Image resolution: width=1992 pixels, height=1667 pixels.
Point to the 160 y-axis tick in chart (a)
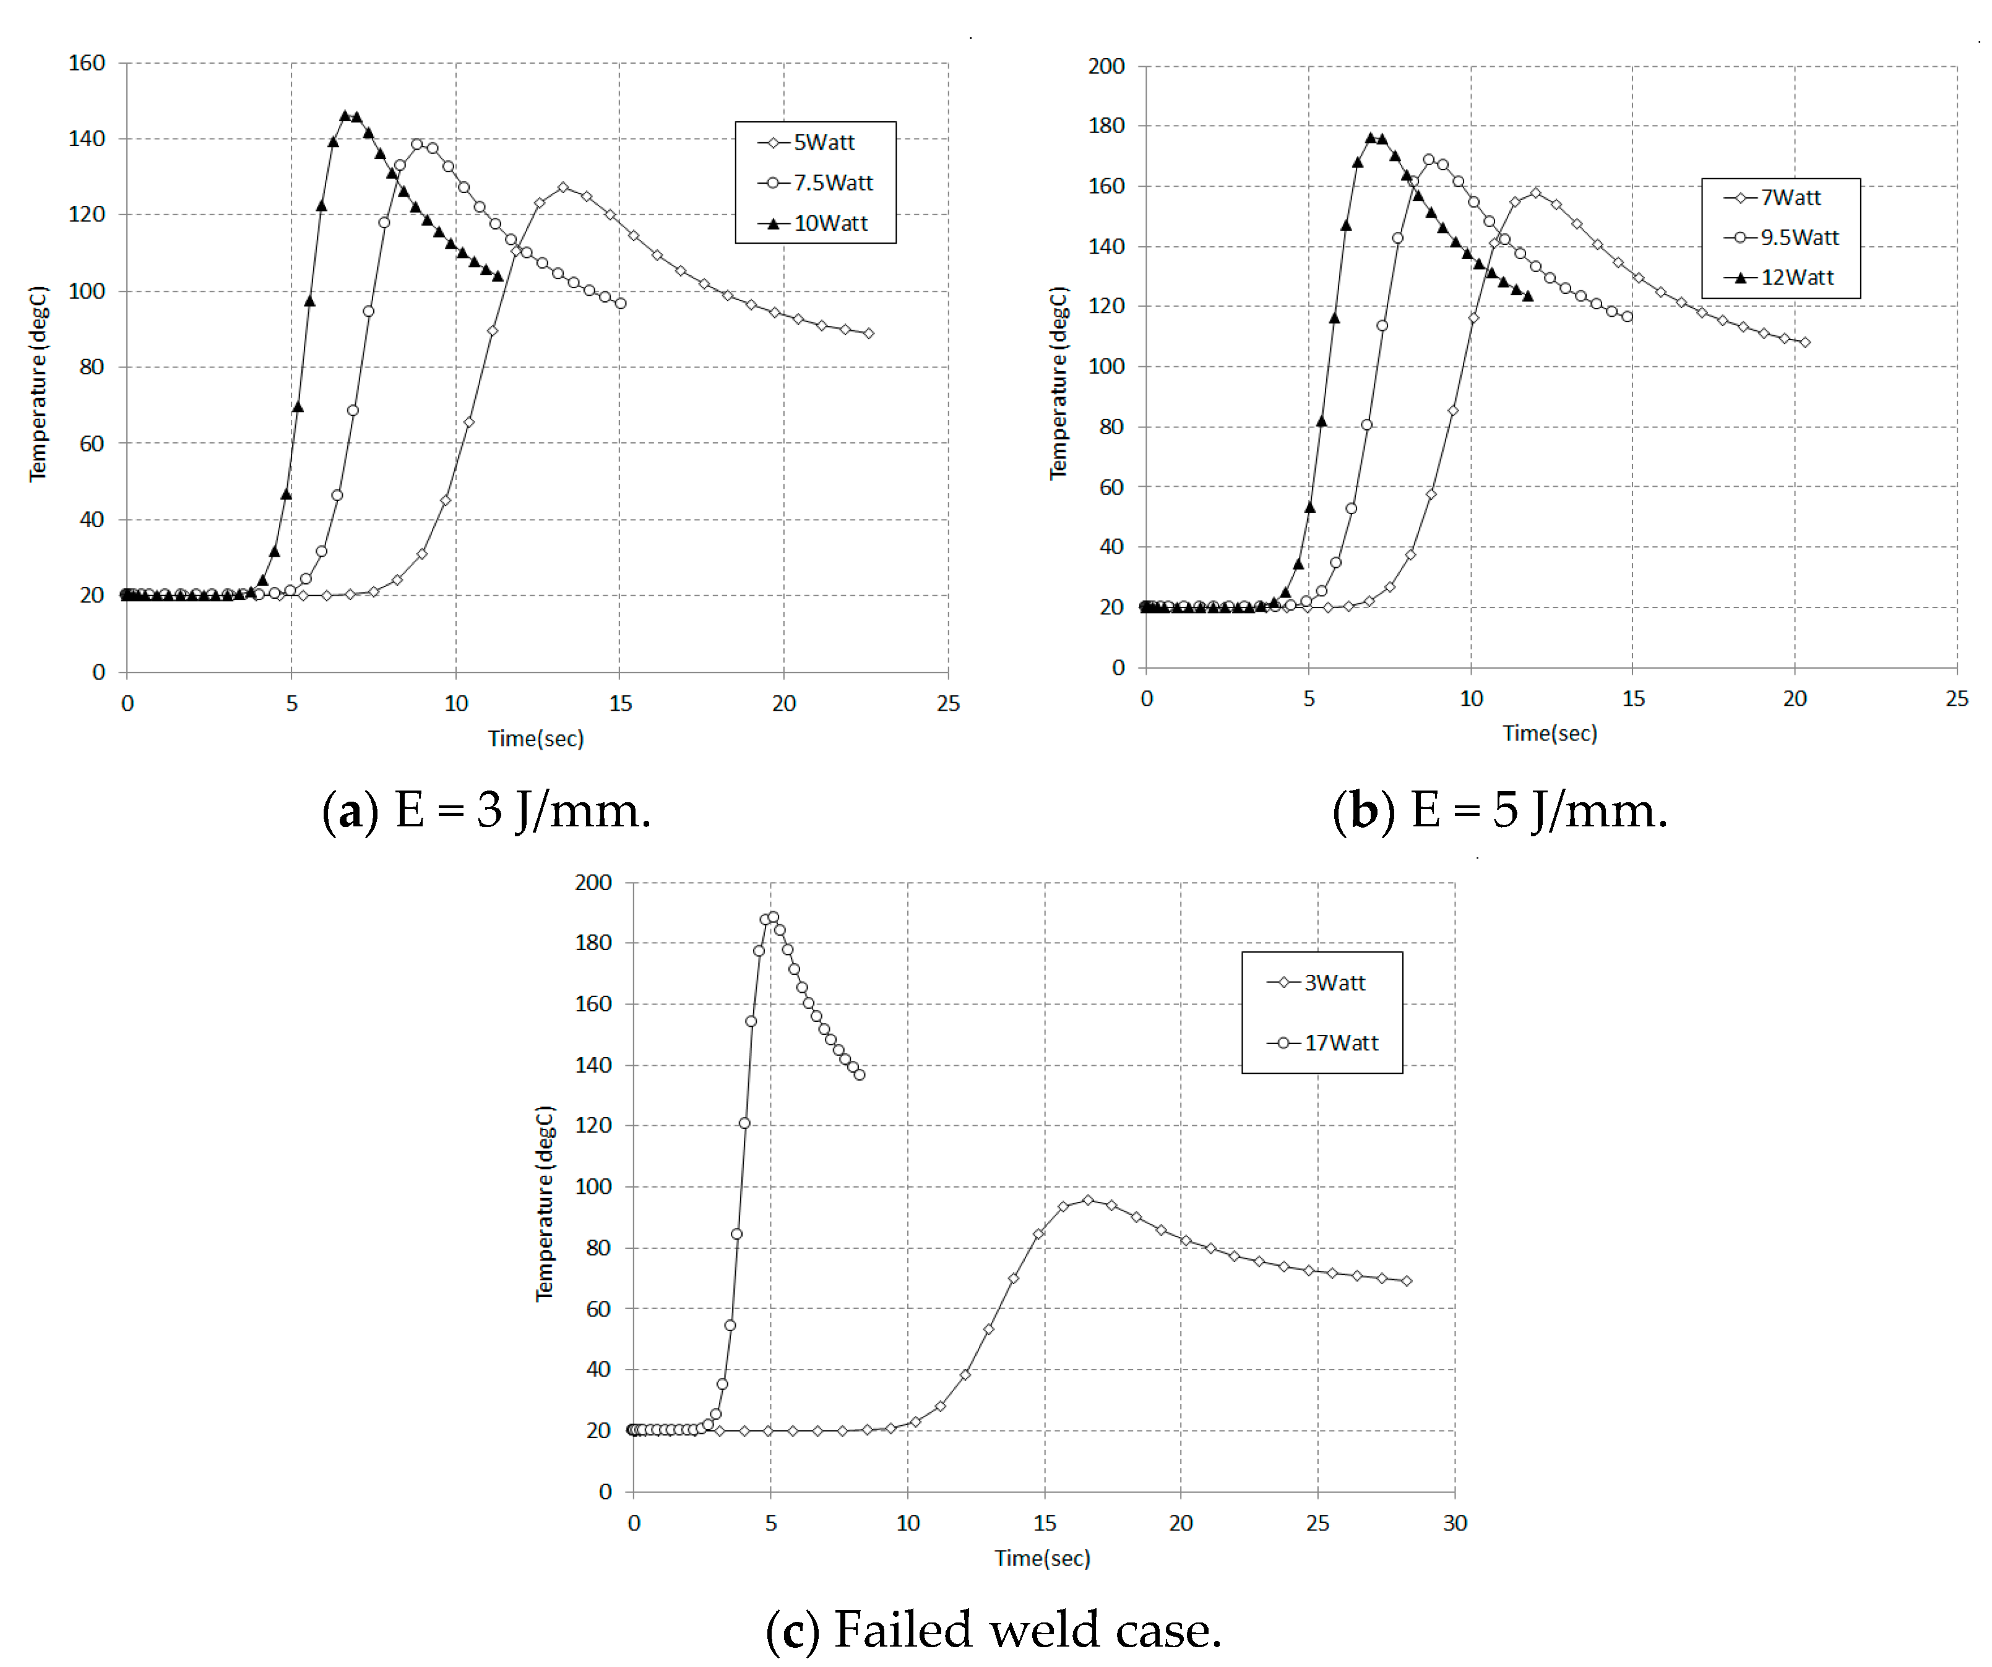pyautogui.click(x=86, y=64)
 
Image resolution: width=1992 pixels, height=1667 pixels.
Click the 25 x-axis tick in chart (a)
pyautogui.click(x=947, y=703)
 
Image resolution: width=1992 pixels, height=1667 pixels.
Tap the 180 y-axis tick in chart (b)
pyautogui.click(x=1106, y=126)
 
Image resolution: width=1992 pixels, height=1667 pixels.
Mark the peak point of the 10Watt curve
pyautogui.click(x=345, y=116)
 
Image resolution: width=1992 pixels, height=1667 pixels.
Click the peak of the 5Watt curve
pyautogui.click(x=564, y=188)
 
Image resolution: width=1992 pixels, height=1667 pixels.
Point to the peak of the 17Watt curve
pyautogui.click(x=773, y=917)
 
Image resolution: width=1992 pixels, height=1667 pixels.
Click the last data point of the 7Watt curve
pyautogui.click(x=1804, y=342)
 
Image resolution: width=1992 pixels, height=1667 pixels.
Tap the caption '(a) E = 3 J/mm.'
pyautogui.click(x=486, y=812)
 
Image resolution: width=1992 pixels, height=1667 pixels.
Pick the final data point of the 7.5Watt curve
pyautogui.click(x=620, y=304)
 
